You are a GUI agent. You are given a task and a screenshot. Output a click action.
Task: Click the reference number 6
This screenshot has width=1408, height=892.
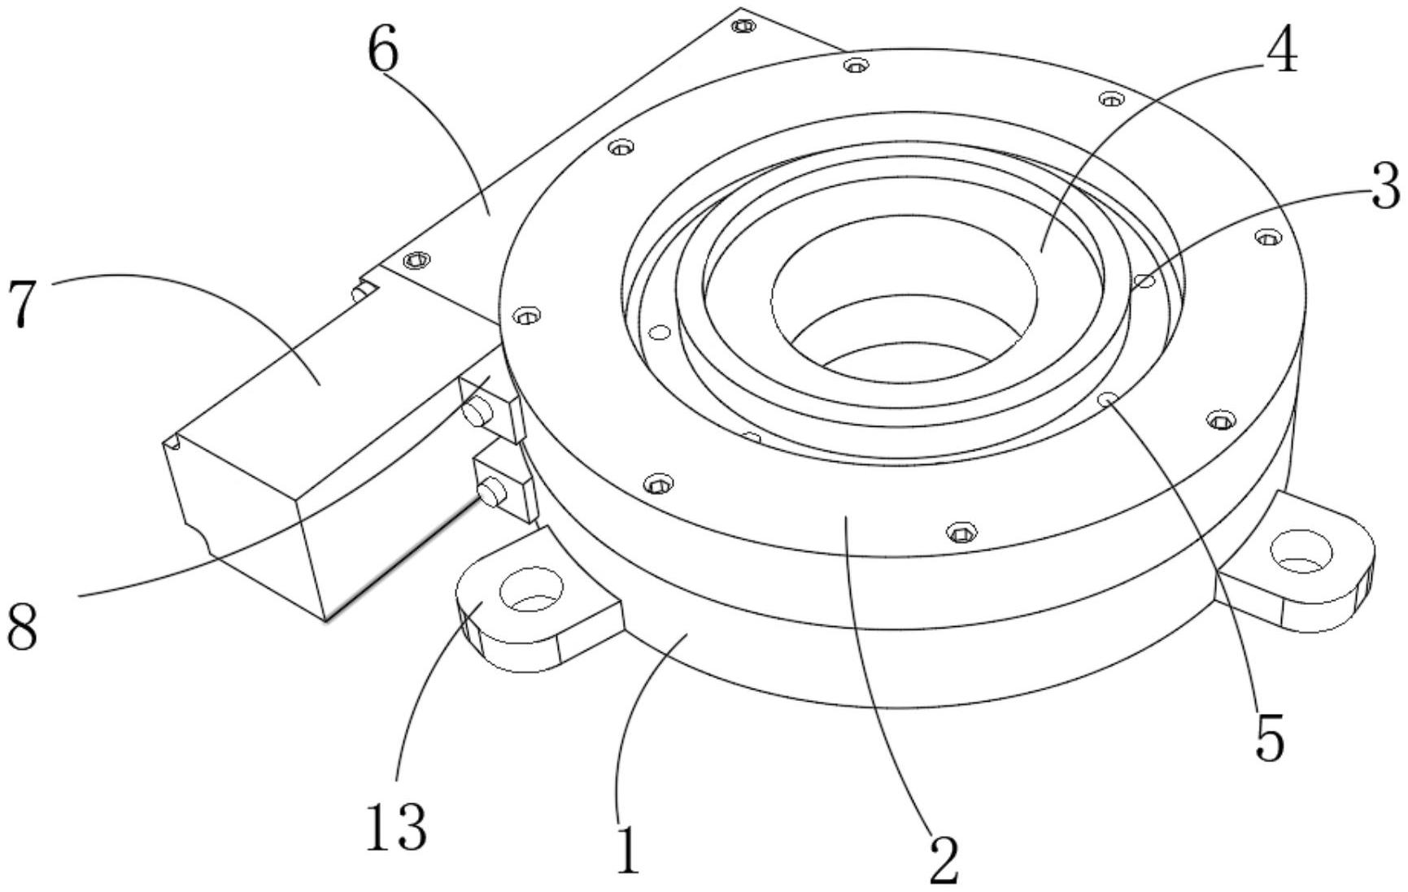[x=383, y=54]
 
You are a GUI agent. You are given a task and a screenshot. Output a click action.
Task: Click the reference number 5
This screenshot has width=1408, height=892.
[x=1270, y=737]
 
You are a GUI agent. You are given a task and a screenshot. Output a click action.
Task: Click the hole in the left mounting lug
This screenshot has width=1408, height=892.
[x=532, y=590]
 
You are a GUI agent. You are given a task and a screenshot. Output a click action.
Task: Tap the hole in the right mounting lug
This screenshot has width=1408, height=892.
[x=1301, y=552]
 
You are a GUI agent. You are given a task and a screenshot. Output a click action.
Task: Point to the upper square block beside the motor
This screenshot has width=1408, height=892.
[x=490, y=408]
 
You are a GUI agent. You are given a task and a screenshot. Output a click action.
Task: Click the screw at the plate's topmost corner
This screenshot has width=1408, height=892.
[x=742, y=26]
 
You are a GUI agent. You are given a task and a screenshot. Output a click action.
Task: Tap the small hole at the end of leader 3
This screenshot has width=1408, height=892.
[x=1145, y=281]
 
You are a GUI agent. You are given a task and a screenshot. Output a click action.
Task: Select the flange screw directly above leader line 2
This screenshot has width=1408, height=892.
[x=961, y=533]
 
